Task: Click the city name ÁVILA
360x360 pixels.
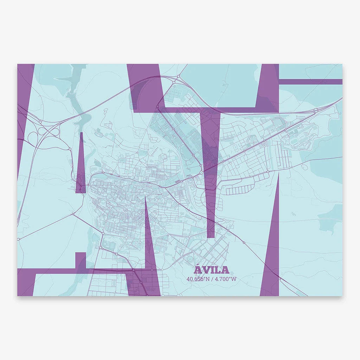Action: (211, 270)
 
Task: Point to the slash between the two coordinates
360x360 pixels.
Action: (212, 279)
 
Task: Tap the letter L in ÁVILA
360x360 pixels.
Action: (217, 270)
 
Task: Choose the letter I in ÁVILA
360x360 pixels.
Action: (212, 270)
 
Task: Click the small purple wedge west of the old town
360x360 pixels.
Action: (81, 165)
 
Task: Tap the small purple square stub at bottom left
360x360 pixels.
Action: (81, 261)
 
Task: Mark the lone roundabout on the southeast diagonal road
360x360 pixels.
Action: (244, 242)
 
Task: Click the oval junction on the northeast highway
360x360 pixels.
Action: (315, 110)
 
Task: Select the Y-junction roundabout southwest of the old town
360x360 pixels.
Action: (73, 213)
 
